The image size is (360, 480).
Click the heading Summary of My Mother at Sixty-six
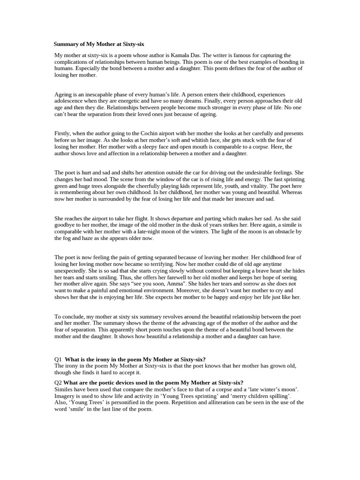pos(99,44)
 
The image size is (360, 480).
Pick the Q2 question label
pos(58,382)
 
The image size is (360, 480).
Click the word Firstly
pos(63,134)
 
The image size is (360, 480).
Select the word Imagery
pos(66,396)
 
